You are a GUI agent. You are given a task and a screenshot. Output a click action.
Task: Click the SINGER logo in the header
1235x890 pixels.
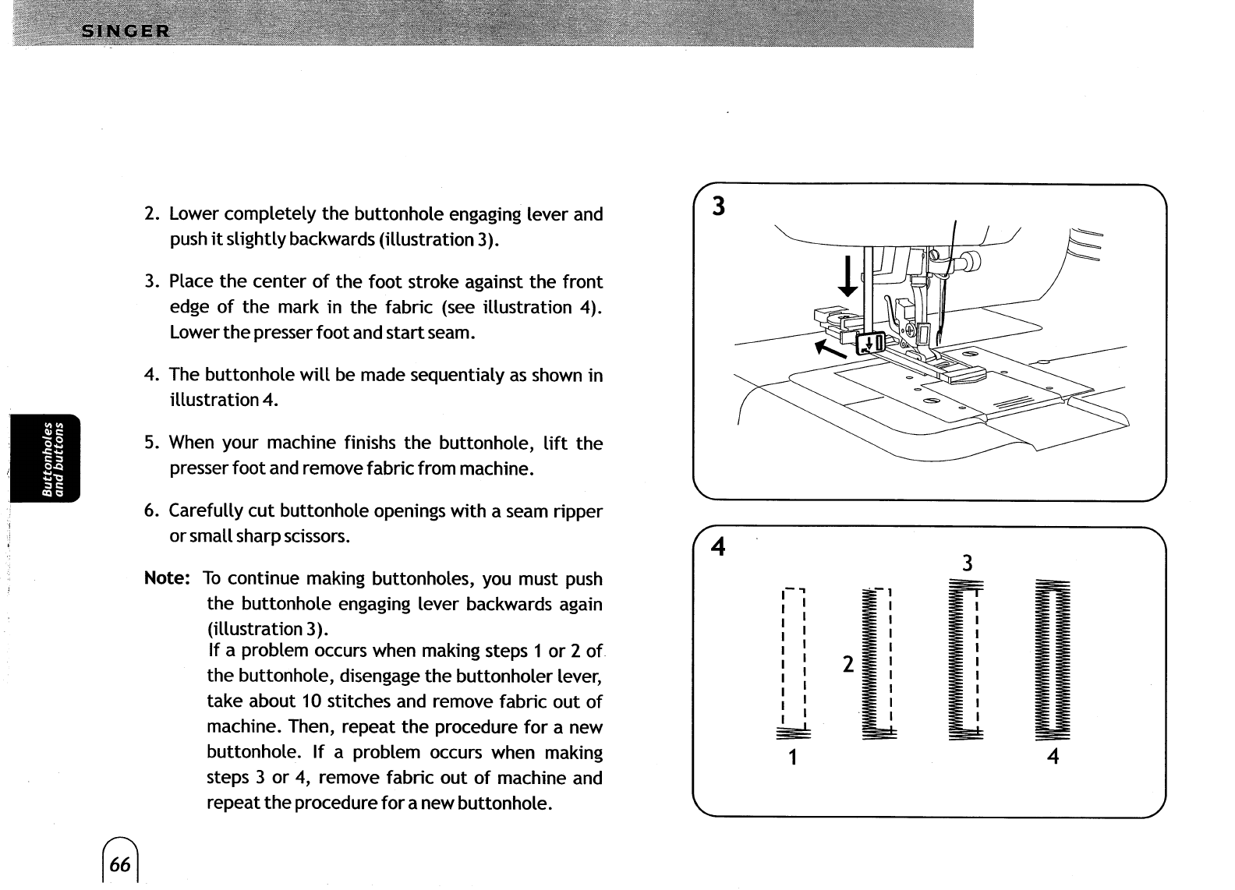(x=126, y=31)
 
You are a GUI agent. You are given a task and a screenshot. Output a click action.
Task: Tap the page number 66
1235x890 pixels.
(x=120, y=864)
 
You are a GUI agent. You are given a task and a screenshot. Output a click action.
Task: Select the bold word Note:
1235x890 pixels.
(x=167, y=578)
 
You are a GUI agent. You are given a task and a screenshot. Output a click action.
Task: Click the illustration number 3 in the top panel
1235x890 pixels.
(x=719, y=207)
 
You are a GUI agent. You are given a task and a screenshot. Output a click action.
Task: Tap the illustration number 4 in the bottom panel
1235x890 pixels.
(x=718, y=548)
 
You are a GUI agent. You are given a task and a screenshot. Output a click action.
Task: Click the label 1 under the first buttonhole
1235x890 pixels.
(x=792, y=757)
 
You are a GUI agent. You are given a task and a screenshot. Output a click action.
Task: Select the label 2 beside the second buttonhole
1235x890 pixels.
(x=848, y=664)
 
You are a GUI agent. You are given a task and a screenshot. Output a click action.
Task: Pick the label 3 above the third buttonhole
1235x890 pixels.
(x=966, y=563)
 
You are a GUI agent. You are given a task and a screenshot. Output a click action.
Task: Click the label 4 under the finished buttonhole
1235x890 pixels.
(x=1053, y=756)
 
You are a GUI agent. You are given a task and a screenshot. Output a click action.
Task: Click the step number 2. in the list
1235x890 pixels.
(x=152, y=214)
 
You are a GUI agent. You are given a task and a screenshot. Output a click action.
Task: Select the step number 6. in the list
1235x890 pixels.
(x=152, y=511)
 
